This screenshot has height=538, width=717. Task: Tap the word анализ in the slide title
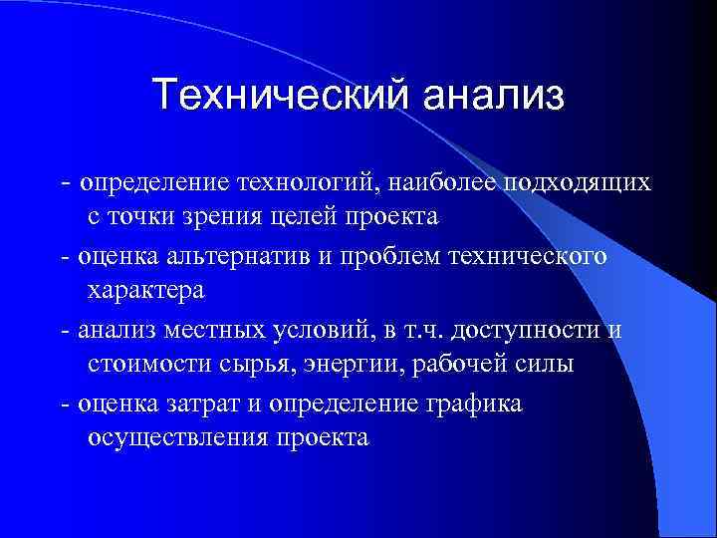[492, 96]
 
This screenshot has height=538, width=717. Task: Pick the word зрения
[224, 216]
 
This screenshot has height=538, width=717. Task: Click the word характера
[145, 290]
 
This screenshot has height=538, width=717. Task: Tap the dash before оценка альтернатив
[65, 258]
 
